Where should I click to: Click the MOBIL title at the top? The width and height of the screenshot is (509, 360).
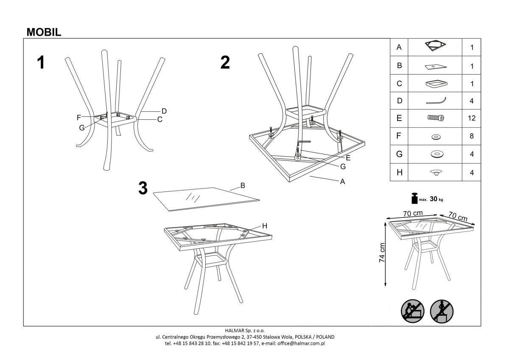click(x=44, y=32)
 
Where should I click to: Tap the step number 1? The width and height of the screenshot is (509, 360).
click(x=41, y=63)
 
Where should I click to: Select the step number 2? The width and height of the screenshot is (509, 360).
click(x=225, y=63)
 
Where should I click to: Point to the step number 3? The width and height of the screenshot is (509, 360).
click(x=143, y=188)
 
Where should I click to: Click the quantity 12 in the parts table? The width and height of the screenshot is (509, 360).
click(x=471, y=118)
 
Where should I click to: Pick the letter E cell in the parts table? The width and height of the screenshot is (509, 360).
click(x=399, y=118)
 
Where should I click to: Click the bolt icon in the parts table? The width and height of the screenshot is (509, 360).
click(x=436, y=118)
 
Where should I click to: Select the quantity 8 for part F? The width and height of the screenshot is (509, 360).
click(x=471, y=136)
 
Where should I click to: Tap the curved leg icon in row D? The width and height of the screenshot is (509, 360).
click(x=436, y=101)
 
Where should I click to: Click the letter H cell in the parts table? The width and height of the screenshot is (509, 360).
click(x=399, y=172)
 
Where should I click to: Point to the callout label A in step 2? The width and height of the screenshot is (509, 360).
click(x=342, y=181)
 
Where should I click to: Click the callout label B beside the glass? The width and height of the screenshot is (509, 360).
click(x=243, y=186)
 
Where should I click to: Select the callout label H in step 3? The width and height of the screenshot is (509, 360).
click(x=265, y=226)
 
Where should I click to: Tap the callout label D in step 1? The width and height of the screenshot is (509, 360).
click(x=164, y=111)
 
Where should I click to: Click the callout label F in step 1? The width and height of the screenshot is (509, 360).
click(x=79, y=118)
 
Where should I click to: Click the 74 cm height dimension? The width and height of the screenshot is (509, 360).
click(x=382, y=253)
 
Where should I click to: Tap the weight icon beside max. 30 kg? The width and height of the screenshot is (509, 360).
click(x=413, y=198)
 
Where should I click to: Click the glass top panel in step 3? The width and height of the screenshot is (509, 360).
click(x=204, y=198)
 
